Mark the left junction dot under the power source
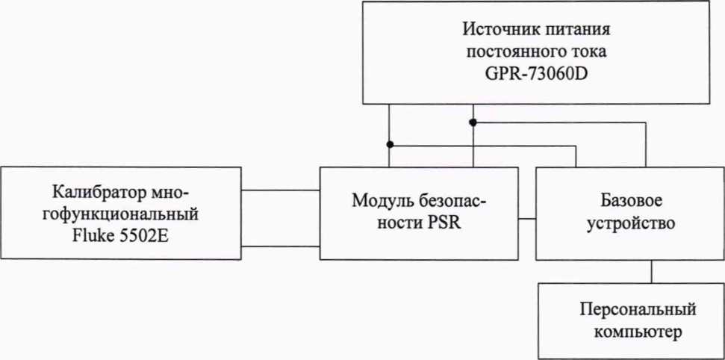[389, 144]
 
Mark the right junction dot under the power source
[473, 122]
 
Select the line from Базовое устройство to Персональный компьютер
[653, 272]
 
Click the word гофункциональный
[122, 213]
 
